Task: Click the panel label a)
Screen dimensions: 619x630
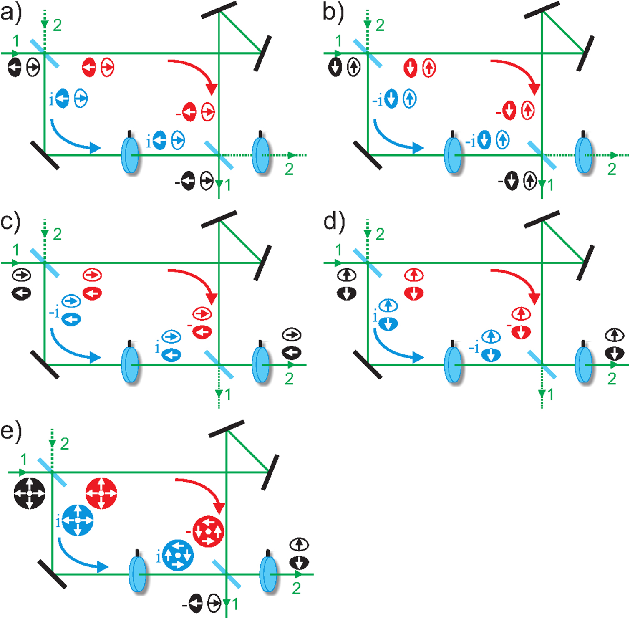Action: [x=10, y=13]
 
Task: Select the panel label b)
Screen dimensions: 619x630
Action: [x=333, y=13]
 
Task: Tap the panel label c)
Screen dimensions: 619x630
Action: [x=10, y=222]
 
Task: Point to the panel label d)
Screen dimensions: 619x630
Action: [x=334, y=222]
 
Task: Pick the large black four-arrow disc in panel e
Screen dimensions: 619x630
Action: [x=29, y=493]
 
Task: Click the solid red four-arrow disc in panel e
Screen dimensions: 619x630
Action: [x=101, y=493]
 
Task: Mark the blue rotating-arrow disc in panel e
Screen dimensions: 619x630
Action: [x=178, y=556]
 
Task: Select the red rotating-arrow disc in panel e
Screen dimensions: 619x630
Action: [x=208, y=532]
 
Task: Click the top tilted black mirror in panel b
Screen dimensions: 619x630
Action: [x=542, y=10]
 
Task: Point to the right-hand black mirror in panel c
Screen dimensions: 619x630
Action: [x=262, y=263]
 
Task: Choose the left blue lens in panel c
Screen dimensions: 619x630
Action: [x=130, y=364]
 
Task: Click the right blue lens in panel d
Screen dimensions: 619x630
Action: [x=584, y=364]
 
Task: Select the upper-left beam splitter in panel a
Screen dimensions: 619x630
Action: [x=45, y=53]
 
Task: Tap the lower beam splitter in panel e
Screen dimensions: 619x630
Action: [x=227, y=574]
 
